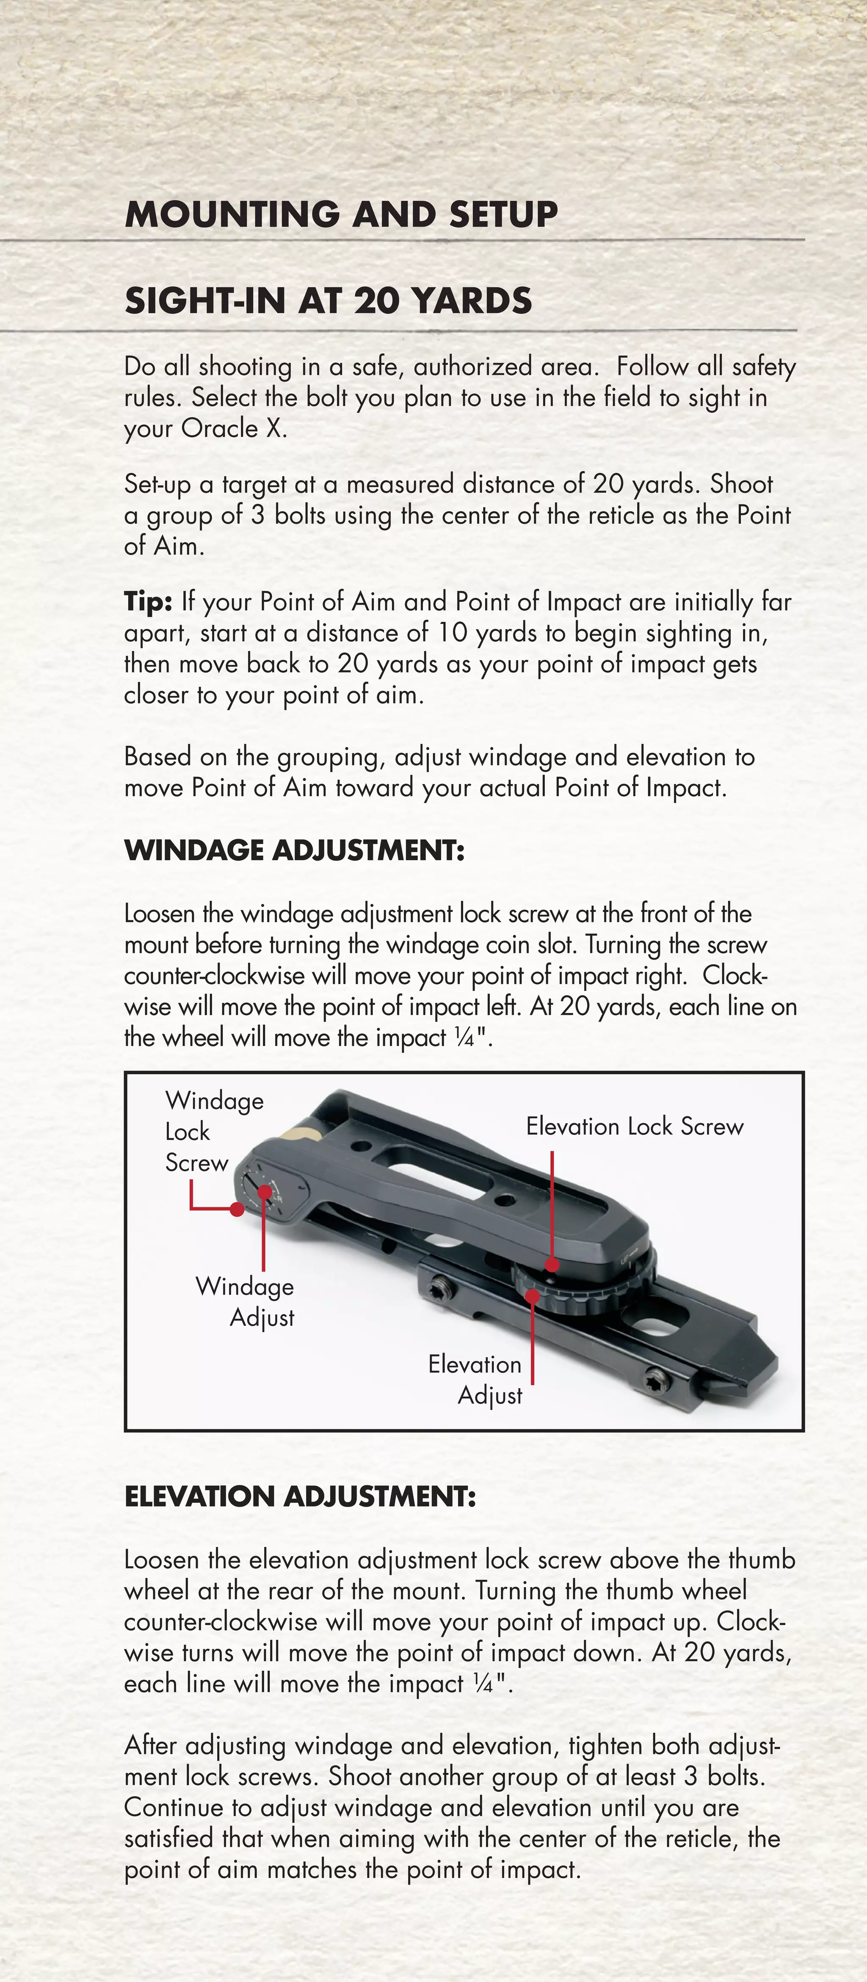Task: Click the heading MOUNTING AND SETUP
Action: (341, 214)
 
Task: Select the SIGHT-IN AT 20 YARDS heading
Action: (328, 300)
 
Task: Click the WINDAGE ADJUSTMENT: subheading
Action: (294, 850)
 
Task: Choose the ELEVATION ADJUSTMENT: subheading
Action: (300, 1496)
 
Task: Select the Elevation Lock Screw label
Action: (635, 1126)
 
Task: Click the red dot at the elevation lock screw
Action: (552, 1264)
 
